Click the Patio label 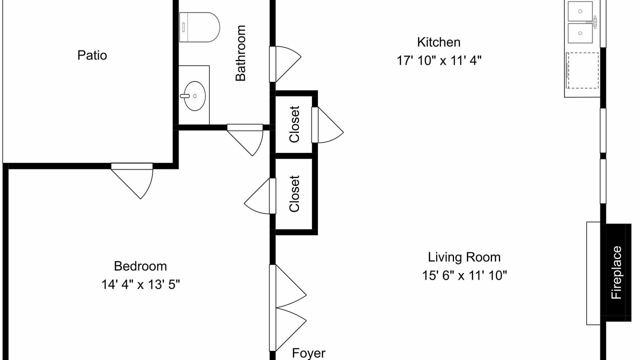[92, 55]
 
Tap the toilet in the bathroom [199, 27]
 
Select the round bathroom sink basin [194, 96]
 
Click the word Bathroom [240, 53]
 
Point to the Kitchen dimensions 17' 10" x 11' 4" [439, 60]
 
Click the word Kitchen [439, 42]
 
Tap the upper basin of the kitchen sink [580, 11]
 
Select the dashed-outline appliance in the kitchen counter [582, 70]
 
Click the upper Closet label [294, 124]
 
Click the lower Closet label [294, 193]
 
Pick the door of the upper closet [327, 125]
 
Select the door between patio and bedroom [132, 181]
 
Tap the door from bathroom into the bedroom [245, 140]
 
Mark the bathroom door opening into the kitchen [285, 64]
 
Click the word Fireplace [616, 272]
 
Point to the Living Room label [464, 257]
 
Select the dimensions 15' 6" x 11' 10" [464, 275]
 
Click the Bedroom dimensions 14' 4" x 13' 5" [140, 284]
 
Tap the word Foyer [308, 353]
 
